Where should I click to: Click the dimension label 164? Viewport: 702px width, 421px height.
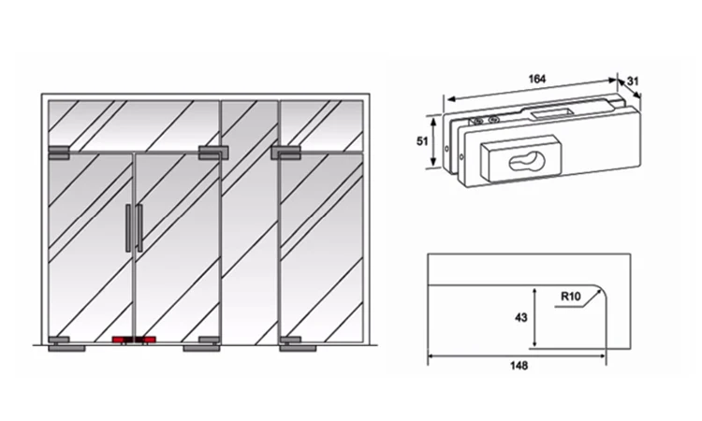click(536, 79)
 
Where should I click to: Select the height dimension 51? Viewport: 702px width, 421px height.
click(421, 142)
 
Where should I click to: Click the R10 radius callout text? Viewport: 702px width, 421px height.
click(570, 297)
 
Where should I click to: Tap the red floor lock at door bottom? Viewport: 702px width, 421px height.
click(131, 340)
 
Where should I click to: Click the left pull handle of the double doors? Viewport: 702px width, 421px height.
click(128, 227)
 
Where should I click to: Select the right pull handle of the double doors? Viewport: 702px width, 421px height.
click(139, 227)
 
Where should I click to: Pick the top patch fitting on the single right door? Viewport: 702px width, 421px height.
click(286, 150)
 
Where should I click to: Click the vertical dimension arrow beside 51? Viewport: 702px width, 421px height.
click(435, 142)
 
